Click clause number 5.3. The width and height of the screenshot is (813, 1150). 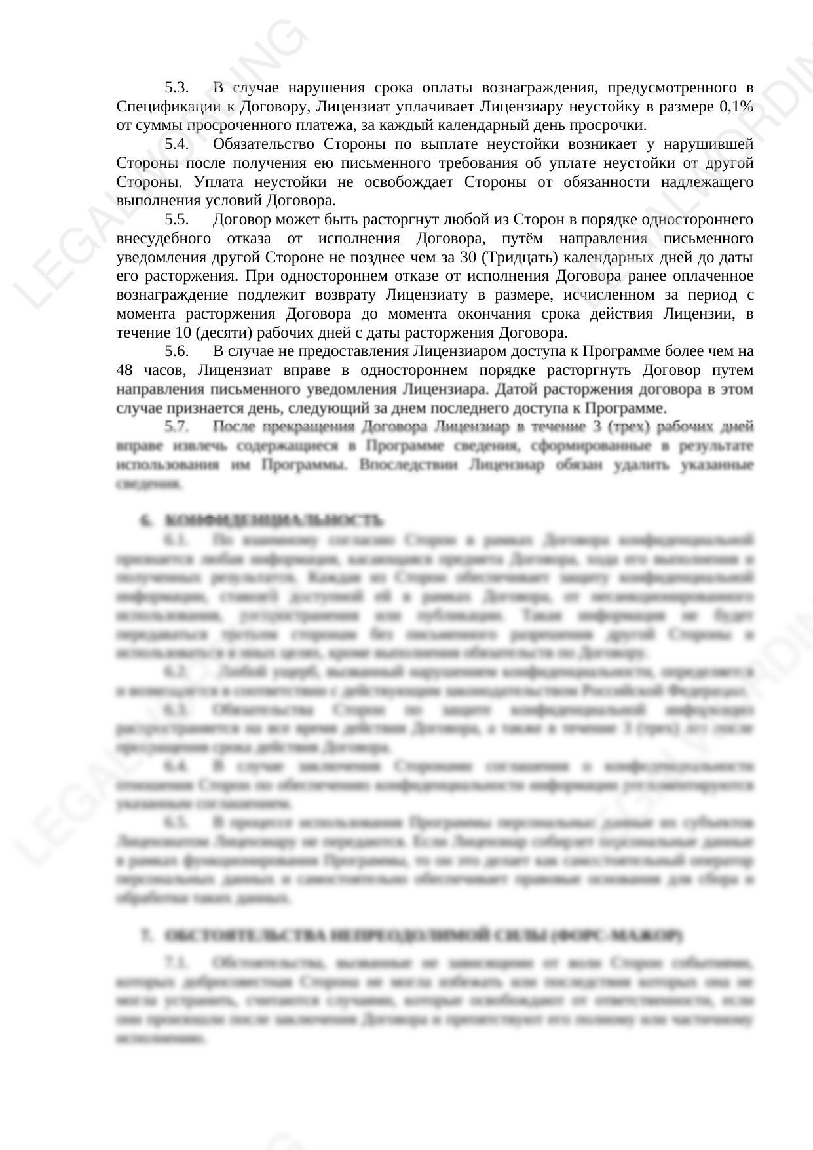(176, 88)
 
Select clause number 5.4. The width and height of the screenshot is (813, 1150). (176, 144)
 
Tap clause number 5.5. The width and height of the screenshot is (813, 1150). (176, 220)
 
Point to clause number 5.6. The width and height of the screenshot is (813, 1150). (176, 351)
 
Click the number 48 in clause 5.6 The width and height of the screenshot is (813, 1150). (124, 370)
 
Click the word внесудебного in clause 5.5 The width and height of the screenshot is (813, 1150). (163, 238)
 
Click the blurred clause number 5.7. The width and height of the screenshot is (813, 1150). (176, 427)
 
